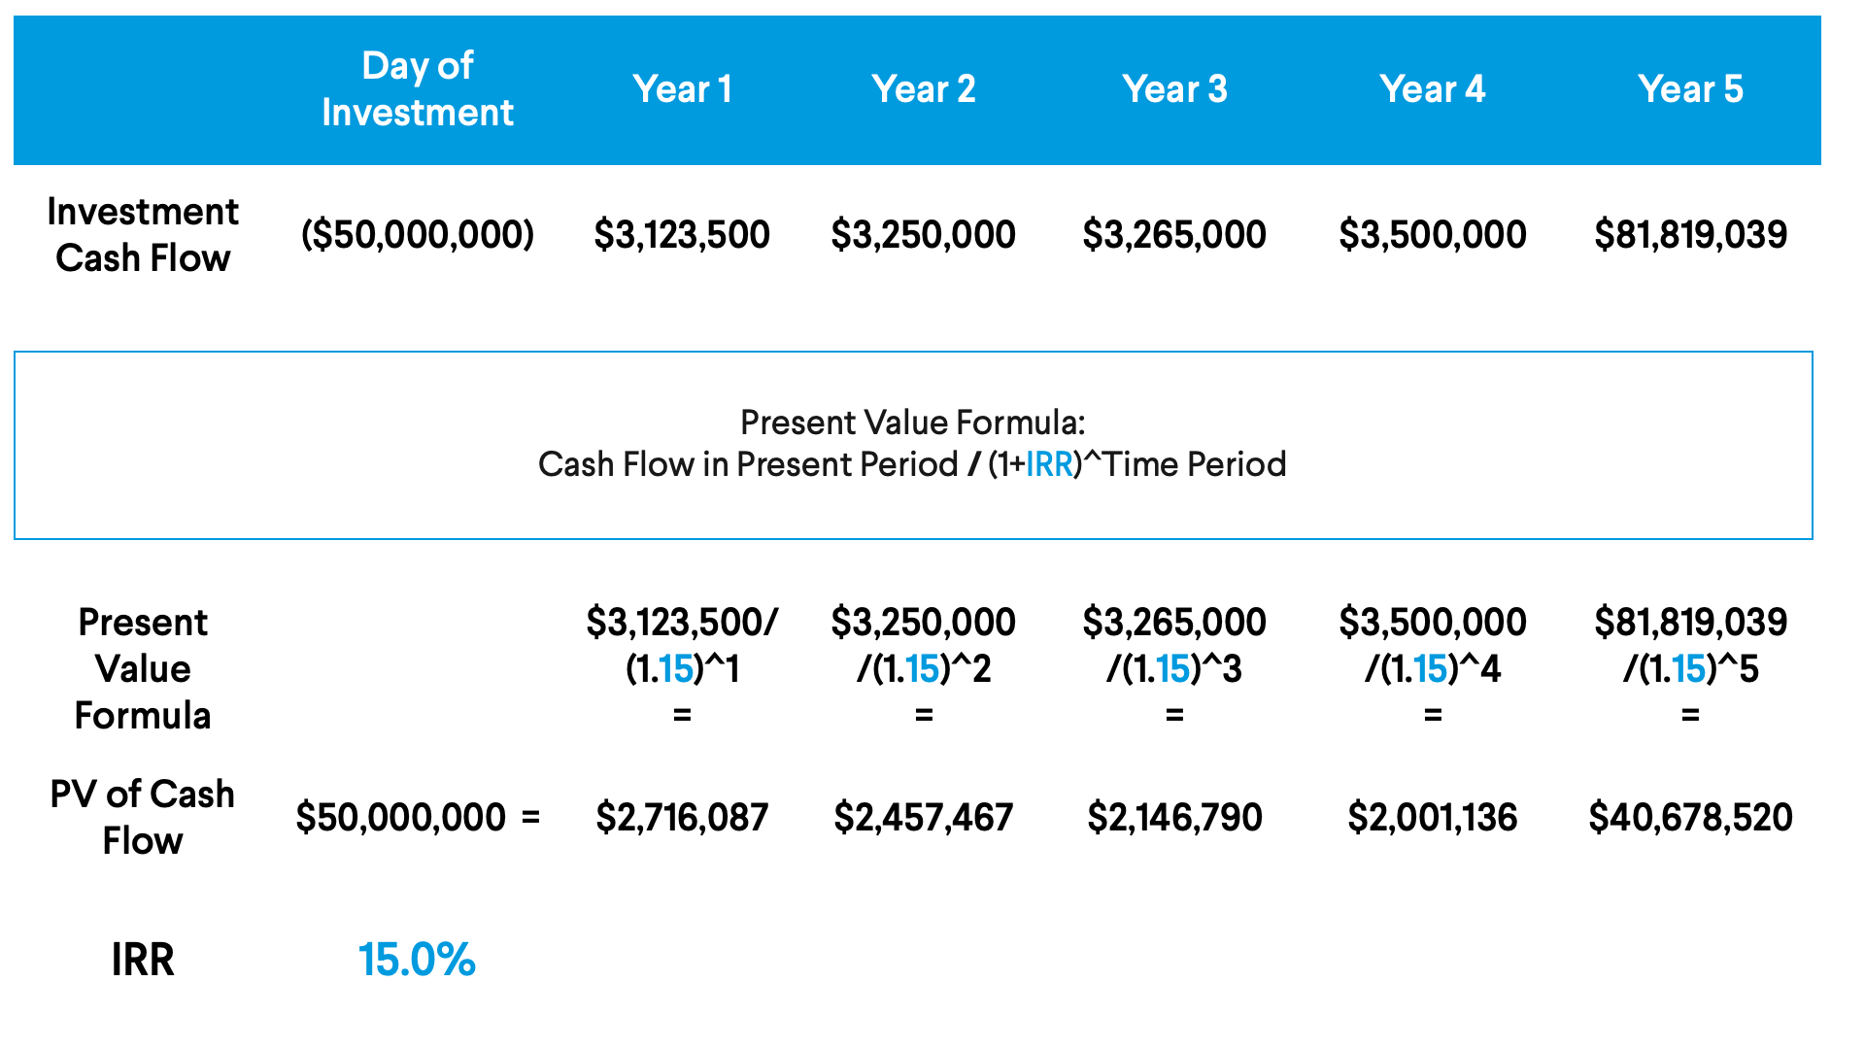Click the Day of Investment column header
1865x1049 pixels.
[x=417, y=89]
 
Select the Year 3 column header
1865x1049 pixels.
[x=1174, y=89]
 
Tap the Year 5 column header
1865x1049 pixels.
[x=1690, y=89]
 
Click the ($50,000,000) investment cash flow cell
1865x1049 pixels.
[x=418, y=235]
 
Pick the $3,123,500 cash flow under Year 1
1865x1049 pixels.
[x=682, y=235]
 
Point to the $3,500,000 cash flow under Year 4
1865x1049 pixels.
[x=1432, y=235]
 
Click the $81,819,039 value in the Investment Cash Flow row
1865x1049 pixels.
[x=1690, y=235]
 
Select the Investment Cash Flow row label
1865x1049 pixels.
[x=143, y=235]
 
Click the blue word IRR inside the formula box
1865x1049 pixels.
[x=1048, y=464]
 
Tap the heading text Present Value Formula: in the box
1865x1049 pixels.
[x=912, y=423]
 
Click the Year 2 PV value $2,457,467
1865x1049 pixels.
[x=923, y=818]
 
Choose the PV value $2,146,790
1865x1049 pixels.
[x=1174, y=818]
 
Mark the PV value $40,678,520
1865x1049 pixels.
[x=1690, y=818]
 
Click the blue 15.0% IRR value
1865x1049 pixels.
[x=417, y=960]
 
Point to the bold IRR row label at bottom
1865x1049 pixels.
[x=143, y=960]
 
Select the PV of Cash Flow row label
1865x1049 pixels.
[x=143, y=818]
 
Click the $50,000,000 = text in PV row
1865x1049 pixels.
[x=418, y=818]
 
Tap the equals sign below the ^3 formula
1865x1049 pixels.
[x=1174, y=716]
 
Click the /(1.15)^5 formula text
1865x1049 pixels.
[x=1690, y=669]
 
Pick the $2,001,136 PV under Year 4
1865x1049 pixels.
[x=1432, y=818]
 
